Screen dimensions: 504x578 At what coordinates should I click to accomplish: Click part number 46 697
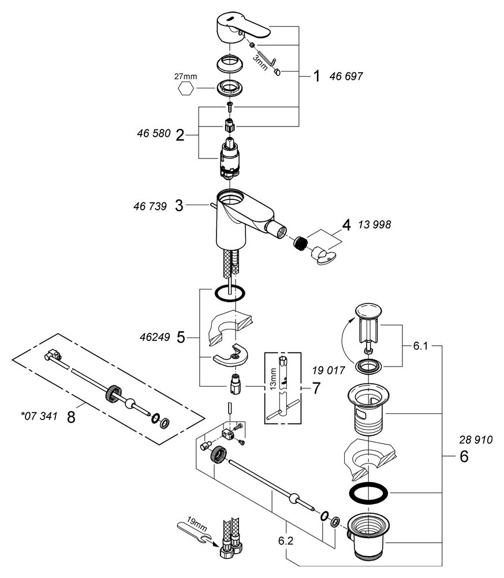click(x=346, y=76)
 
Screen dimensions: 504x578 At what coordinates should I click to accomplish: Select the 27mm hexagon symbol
click(x=185, y=89)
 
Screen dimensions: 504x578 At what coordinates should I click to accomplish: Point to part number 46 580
click(x=154, y=133)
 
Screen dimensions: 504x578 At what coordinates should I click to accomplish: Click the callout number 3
click(x=179, y=206)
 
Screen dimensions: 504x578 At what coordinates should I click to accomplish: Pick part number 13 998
click(x=375, y=224)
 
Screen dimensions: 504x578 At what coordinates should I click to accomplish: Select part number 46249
click(x=155, y=337)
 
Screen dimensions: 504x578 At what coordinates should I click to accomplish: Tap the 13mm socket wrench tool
click(x=283, y=387)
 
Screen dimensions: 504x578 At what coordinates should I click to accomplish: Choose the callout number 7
click(x=316, y=388)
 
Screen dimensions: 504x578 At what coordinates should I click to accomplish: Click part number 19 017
click(x=328, y=370)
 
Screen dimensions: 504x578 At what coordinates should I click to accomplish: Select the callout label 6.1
click(x=420, y=346)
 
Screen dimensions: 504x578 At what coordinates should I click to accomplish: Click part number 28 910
click(x=476, y=440)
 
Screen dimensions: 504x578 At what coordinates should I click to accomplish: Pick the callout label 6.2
click(x=286, y=541)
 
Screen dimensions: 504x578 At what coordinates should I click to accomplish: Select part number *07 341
click(x=39, y=416)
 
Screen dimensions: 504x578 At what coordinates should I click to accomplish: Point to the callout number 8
click(x=71, y=417)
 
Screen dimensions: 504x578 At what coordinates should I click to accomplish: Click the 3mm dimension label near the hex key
click(x=260, y=63)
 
